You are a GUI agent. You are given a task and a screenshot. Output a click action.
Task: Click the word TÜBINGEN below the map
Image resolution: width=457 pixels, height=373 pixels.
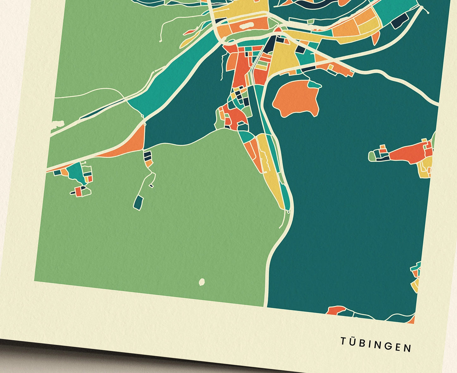coord(376,345)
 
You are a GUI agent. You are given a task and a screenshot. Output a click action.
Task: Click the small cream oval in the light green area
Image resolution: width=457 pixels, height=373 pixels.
coord(201,281)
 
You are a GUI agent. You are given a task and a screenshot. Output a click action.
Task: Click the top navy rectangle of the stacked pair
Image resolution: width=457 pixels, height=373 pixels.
coord(147,155)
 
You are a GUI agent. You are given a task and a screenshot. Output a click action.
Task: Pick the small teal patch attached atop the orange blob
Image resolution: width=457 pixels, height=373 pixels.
coord(315,84)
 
